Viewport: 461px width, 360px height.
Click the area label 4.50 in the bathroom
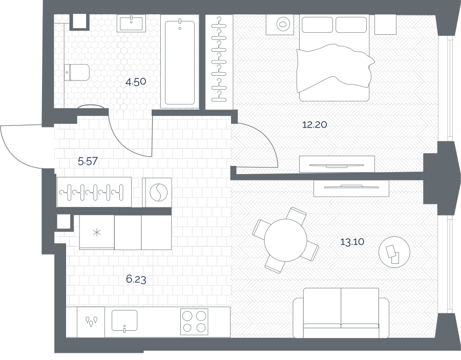(x=136, y=82)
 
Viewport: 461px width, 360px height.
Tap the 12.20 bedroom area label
(x=315, y=125)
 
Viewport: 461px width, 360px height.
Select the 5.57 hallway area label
(x=88, y=161)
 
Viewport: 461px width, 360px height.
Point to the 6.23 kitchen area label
(x=136, y=279)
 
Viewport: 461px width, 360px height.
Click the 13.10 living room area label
(x=352, y=242)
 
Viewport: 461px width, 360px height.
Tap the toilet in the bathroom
(x=76, y=72)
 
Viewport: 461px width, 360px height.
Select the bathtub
(x=180, y=62)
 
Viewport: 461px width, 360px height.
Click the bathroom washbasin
(x=131, y=24)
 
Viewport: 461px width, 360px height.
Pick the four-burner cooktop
(x=194, y=322)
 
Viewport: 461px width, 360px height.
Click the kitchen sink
(x=124, y=321)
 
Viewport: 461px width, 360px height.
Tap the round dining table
(x=285, y=240)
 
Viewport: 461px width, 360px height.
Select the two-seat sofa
(x=341, y=313)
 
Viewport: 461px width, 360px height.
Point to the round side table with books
(x=394, y=252)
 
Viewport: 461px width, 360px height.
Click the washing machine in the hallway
(x=157, y=193)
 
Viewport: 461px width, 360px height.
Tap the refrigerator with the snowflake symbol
(x=97, y=232)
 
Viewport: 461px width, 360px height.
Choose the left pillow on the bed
(x=317, y=25)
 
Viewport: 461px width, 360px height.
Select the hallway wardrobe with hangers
(x=94, y=192)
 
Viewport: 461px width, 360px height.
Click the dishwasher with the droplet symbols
(x=91, y=322)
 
